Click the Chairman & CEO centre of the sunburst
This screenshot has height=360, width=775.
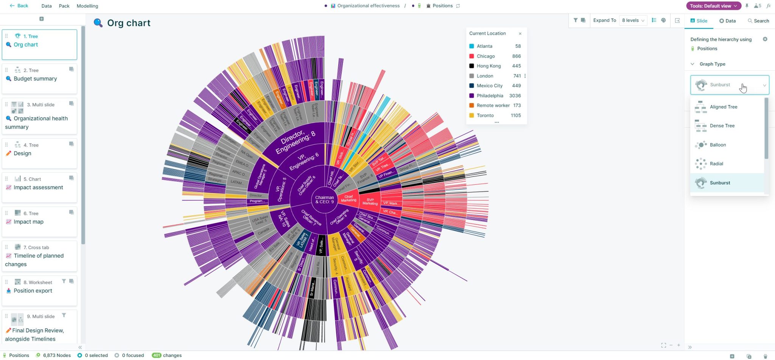[x=324, y=199]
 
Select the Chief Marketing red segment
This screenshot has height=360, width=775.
[x=349, y=198]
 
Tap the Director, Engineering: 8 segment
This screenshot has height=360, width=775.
[x=295, y=142]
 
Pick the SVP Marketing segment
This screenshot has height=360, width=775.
[x=370, y=201]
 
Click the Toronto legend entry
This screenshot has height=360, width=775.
[x=485, y=115]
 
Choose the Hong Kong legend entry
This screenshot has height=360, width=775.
[x=488, y=66]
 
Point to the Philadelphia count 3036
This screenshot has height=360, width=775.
[x=515, y=96]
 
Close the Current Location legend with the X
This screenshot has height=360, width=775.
[x=520, y=34]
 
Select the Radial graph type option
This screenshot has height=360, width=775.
[x=716, y=164]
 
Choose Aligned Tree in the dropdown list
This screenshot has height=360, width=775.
[x=723, y=107]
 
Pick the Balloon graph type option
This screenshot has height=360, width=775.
[x=717, y=145]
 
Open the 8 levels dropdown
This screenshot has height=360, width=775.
[x=633, y=20]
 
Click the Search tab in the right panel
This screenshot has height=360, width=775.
[x=758, y=21]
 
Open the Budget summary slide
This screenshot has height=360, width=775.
[x=35, y=79]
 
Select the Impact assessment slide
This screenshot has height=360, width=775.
[x=38, y=187]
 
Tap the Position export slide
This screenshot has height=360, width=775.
[x=33, y=291]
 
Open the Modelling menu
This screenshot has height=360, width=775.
[x=87, y=6]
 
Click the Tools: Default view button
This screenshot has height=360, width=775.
[x=713, y=6]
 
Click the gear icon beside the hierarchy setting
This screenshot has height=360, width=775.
[x=765, y=39]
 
